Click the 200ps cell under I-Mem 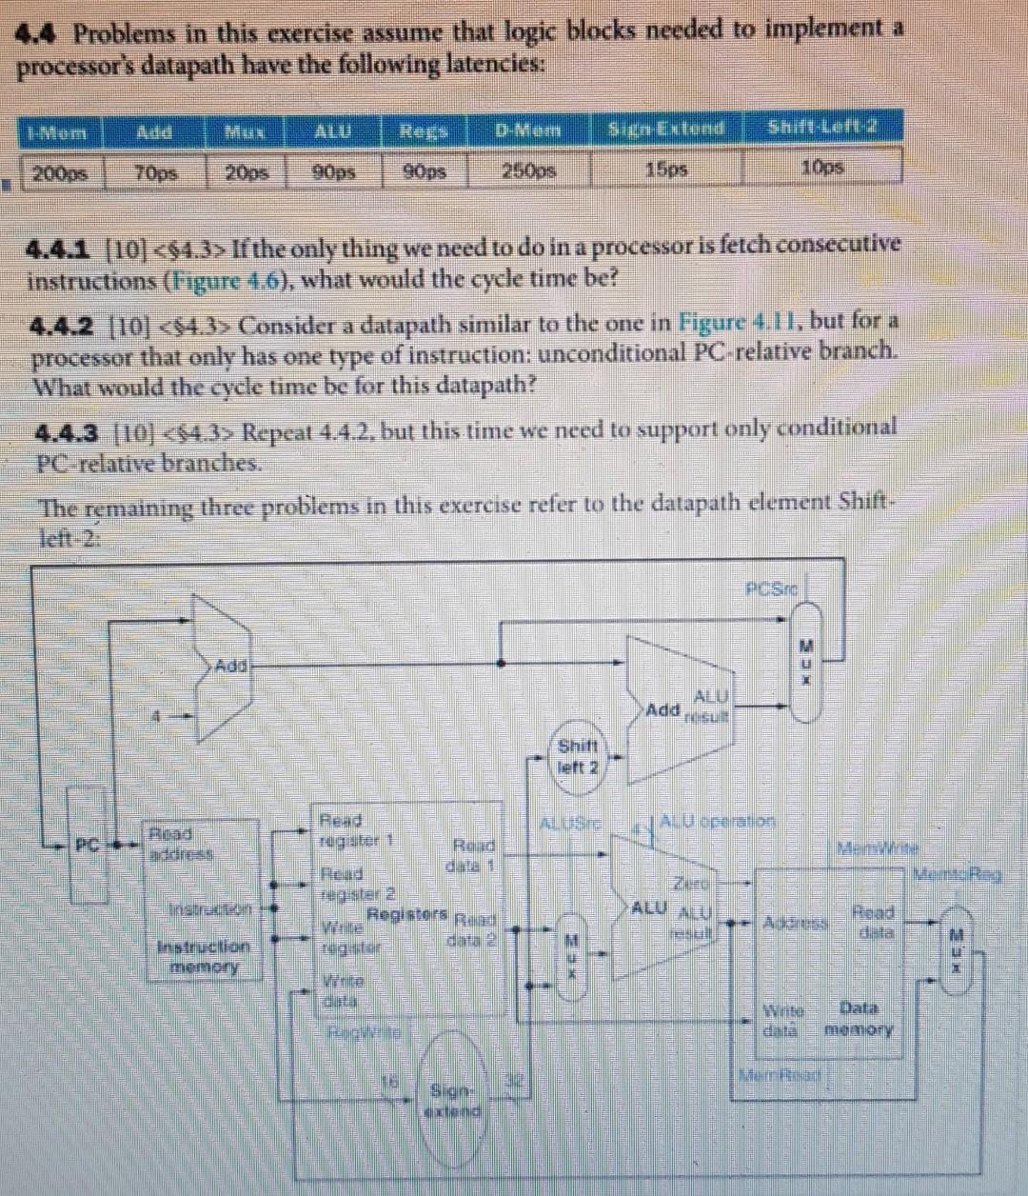(59, 174)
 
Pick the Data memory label (859, 1018)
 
